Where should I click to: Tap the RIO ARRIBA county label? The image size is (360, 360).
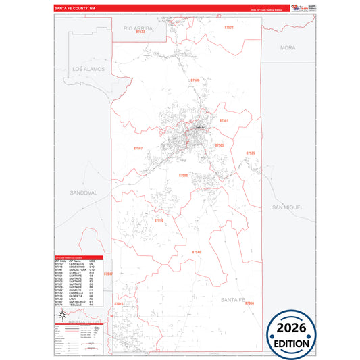138,29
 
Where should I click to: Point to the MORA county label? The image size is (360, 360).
288,48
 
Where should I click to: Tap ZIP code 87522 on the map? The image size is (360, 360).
228,28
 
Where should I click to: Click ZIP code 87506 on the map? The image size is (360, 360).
195,80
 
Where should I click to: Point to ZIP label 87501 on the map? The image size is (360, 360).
224,120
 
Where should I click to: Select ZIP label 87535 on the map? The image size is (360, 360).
251,153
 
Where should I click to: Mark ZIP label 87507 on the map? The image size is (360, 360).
138,147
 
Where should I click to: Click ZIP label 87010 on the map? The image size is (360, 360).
159,220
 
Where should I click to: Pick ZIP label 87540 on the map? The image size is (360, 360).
197,252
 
